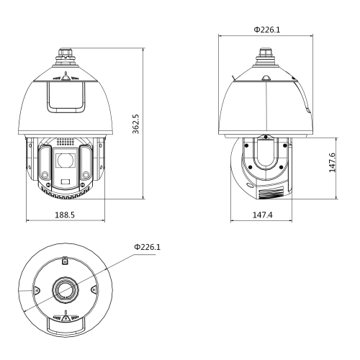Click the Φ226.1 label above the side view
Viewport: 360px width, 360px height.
[x=267, y=30]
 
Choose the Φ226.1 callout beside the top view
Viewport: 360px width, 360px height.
[x=147, y=247]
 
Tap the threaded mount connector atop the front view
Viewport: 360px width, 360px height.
[x=66, y=57]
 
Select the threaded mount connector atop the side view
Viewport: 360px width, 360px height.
[x=266, y=57]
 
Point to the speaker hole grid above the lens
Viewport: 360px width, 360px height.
[x=66, y=142]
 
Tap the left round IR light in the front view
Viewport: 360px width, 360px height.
[x=45, y=174]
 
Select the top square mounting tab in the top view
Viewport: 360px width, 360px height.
[x=66, y=260]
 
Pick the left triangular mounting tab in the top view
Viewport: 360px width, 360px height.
[x=36, y=289]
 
